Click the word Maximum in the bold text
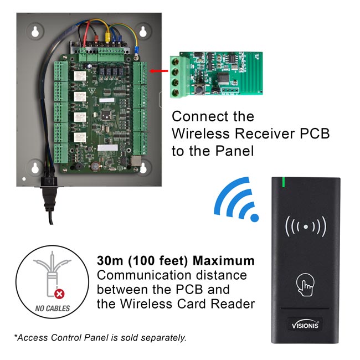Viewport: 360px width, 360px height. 224,260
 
